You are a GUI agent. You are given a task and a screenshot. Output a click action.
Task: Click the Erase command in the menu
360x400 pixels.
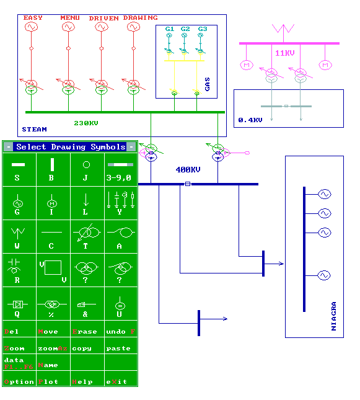86,332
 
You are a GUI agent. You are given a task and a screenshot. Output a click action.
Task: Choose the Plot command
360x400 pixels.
49,381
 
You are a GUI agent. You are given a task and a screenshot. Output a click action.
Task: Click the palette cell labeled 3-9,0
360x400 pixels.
120,169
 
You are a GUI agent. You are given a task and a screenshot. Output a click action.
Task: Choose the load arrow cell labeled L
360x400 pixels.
86,202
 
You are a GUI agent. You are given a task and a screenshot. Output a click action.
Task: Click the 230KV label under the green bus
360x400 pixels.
86,123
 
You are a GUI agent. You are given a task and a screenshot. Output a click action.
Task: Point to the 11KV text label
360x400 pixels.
285,53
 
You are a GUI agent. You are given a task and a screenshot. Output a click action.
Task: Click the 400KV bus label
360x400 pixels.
188,169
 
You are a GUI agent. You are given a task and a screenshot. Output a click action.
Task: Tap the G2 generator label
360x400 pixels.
185,29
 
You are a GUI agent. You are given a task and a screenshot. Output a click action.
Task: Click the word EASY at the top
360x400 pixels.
33,18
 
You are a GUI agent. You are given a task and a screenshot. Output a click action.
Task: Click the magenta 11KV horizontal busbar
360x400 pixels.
289,43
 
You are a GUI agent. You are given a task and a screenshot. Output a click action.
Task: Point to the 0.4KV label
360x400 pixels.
250,120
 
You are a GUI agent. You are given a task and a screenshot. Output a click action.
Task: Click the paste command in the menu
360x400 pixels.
118,349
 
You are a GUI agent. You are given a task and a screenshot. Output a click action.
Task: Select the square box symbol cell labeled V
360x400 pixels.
52,269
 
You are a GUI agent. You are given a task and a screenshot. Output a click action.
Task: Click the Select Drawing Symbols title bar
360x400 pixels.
69,147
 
